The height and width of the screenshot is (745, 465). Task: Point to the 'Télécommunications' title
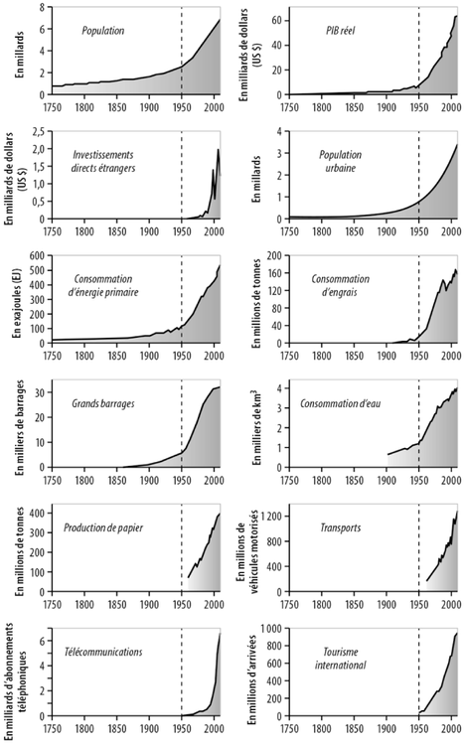pos(110,652)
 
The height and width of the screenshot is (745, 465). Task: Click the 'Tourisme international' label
pos(341,659)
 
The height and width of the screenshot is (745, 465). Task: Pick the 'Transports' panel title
pos(339,527)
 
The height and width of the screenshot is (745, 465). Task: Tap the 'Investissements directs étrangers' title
pos(110,162)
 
